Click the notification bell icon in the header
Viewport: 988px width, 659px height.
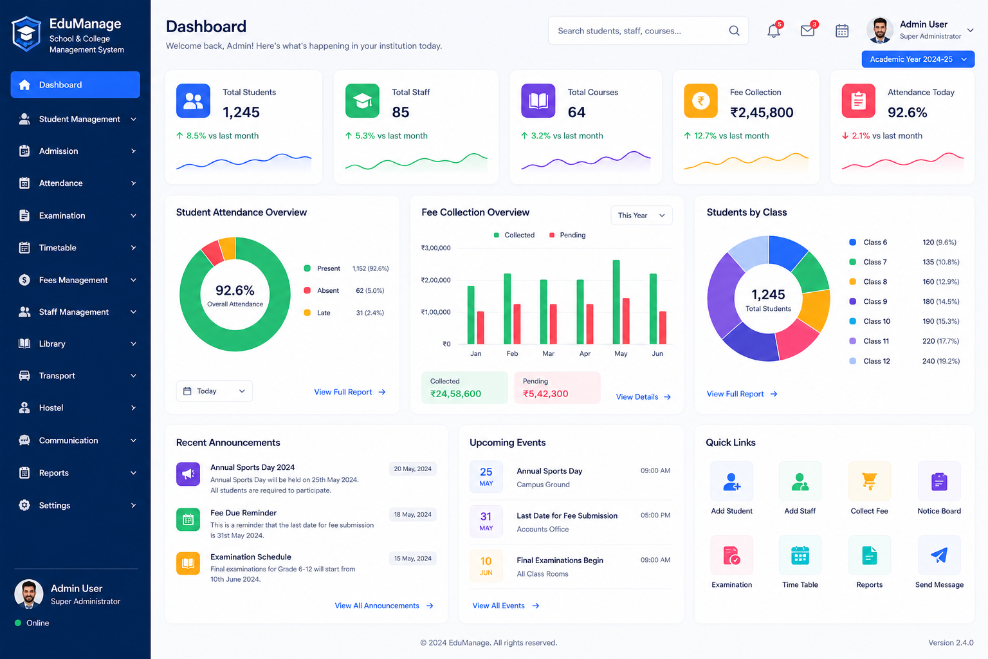[x=773, y=31]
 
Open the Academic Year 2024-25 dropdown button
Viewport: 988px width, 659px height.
[x=918, y=59]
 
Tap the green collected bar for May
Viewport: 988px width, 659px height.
[x=616, y=302]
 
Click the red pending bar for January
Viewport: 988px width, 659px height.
[x=480, y=328]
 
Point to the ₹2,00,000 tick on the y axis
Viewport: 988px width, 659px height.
[x=435, y=280]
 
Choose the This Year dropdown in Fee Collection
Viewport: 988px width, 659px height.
[x=641, y=216]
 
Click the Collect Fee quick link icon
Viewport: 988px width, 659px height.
[x=870, y=482]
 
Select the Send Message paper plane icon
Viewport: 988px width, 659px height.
[x=939, y=555]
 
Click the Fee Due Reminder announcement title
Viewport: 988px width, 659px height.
[x=244, y=513]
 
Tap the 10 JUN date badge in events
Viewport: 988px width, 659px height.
[x=486, y=566]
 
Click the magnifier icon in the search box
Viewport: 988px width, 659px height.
[x=734, y=30]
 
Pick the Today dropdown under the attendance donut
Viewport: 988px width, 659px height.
[x=214, y=391]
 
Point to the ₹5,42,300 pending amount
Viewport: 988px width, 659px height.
[x=545, y=394]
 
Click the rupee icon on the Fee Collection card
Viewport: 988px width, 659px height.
[x=701, y=100]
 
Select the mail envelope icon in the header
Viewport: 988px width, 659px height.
[x=807, y=31]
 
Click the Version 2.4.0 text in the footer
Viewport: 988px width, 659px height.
[x=951, y=643]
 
